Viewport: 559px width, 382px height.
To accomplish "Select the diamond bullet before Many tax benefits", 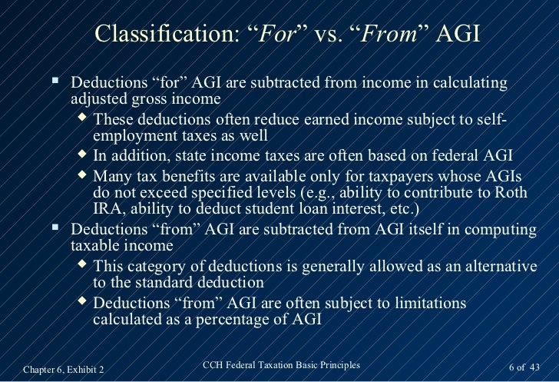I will tap(84, 174).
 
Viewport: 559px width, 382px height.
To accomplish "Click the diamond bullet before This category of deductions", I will tap(84, 264).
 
